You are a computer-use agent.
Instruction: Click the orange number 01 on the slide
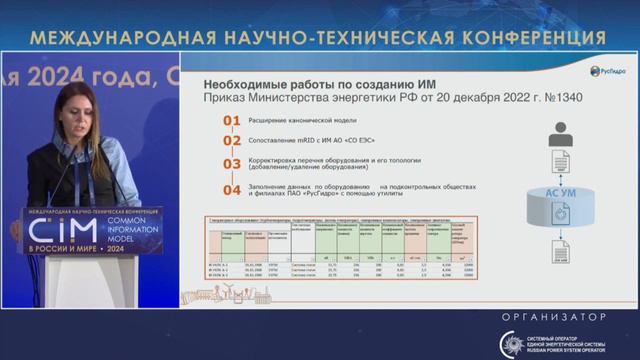(x=231, y=121)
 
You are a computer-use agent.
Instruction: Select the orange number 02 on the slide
(x=231, y=142)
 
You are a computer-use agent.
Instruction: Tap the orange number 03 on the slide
(x=231, y=163)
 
